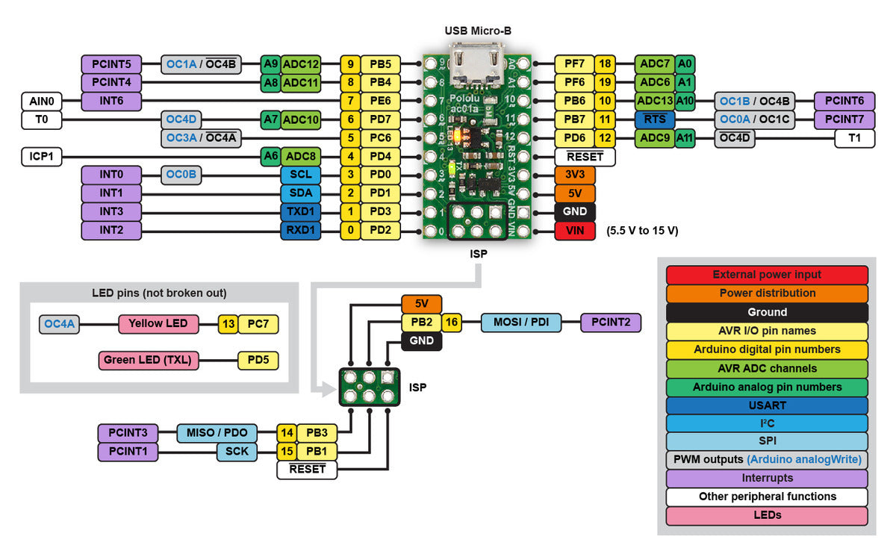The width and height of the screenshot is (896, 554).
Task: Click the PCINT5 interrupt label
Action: coord(111,63)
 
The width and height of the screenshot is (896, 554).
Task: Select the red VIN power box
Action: coord(575,231)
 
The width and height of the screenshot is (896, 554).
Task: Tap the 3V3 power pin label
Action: coord(575,175)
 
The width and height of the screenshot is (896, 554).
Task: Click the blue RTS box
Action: coord(655,119)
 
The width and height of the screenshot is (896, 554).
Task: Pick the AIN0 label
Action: coord(41,101)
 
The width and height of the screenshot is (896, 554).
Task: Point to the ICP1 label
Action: coord(41,157)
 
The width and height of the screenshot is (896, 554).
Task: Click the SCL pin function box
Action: coord(301,175)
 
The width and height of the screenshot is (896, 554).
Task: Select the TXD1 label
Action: coord(301,212)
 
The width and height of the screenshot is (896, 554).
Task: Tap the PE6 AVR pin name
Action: coord(381,101)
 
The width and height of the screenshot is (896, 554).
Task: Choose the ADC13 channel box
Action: coord(655,101)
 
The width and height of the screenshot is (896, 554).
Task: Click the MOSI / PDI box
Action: coord(520,323)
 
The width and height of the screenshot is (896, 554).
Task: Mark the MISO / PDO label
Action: coord(217,433)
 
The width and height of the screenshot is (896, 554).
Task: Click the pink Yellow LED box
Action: coord(158,324)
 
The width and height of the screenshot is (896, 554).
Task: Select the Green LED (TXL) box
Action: coord(148,361)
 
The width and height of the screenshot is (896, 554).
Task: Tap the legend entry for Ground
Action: coord(767,312)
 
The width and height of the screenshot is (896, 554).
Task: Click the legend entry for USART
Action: coord(767,405)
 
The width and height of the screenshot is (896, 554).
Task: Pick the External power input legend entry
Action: coord(767,275)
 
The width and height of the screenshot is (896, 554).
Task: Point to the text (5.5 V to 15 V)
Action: coord(642,231)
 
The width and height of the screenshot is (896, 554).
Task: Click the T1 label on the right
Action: coord(855,138)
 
